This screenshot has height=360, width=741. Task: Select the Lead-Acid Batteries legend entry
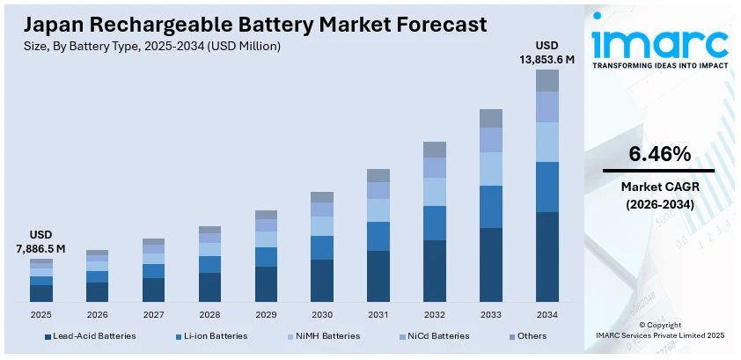pyautogui.click(x=93, y=335)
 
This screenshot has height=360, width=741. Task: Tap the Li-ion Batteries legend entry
pyautogui.click(x=211, y=335)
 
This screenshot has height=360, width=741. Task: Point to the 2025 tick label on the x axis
pyautogui.click(x=41, y=313)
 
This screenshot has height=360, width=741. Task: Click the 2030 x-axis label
pyautogui.click(x=322, y=313)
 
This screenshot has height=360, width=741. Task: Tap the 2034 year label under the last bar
pyautogui.click(x=547, y=313)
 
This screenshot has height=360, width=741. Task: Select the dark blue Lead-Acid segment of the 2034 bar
pyautogui.click(x=547, y=256)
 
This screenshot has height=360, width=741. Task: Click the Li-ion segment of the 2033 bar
pyautogui.click(x=490, y=207)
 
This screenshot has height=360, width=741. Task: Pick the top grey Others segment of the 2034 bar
pyautogui.click(x=547, y=80)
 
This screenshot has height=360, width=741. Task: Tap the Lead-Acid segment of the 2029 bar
pyautogui.click(x=266, y=283)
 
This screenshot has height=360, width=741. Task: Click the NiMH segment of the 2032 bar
pyautogui.click(x=435, y=192)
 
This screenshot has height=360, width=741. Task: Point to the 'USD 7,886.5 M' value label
pyautogui.click(x=41, y=242)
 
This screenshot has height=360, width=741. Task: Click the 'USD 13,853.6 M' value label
pyautogui.click(x=547, y=52)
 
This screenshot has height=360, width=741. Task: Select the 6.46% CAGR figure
pyautogui.click(x=658, y=154)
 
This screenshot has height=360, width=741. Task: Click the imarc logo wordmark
pyautogui.click(x=660, y=41)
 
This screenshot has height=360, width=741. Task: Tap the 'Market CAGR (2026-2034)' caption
pyautogui.click(x=658, y=195)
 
